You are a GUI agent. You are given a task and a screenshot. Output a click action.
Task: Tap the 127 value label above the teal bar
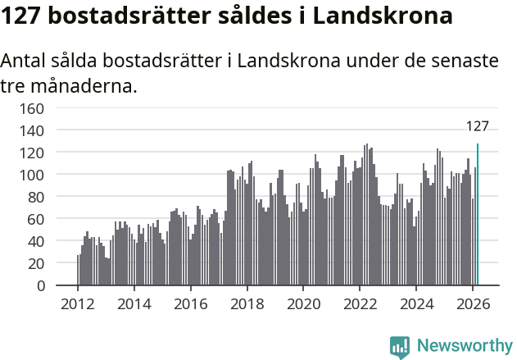point(478,126)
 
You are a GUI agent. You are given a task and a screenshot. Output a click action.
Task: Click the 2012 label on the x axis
point(78,303)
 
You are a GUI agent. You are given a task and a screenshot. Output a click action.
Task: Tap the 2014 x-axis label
point(134,303)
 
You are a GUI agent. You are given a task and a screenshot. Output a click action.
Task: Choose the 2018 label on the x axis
point(247,303)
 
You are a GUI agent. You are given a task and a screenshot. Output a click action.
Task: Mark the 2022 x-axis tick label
point(359,303)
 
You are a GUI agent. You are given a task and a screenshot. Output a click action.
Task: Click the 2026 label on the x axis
point(472,303)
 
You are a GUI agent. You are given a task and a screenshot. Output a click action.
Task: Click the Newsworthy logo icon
point(400,347)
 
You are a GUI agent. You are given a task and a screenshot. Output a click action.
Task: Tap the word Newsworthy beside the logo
point(465,346)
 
